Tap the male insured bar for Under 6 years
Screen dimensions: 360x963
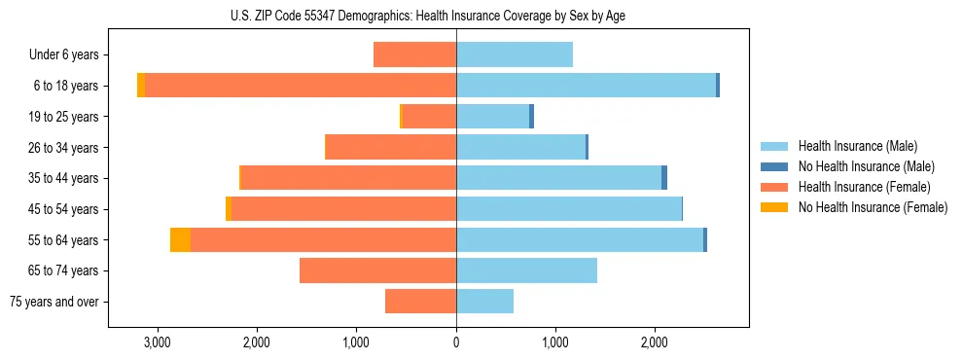point(515,54)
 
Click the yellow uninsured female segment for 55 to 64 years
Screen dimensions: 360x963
point(180,240)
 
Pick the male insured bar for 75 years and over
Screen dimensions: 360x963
point(485,302)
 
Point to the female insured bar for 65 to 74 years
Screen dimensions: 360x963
point(378,270)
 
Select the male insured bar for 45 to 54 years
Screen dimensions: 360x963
point(569,209)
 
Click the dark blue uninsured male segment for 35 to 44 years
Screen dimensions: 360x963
point(664,178)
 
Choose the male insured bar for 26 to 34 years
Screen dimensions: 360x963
point(521,147)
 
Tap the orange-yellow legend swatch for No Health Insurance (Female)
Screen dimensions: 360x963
point(774,207)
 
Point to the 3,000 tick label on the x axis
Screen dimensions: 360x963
point(157,342)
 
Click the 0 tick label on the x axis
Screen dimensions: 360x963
point(456,342)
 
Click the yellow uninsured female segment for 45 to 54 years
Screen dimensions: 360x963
point(229,209)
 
